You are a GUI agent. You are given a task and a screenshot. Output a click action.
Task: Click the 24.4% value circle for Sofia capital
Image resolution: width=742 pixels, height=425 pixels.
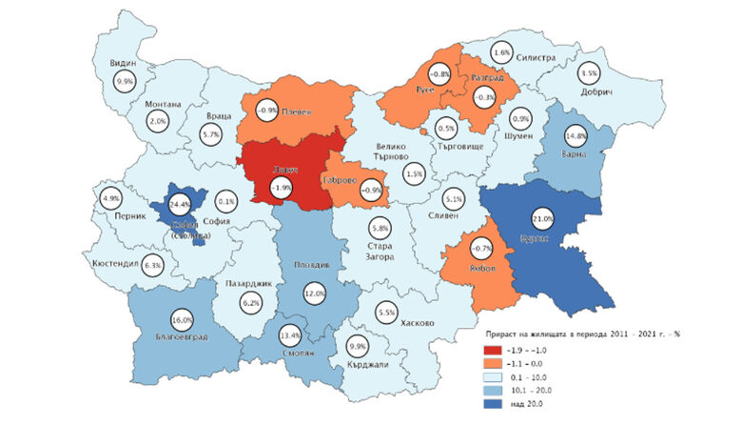click(x=177, y=204)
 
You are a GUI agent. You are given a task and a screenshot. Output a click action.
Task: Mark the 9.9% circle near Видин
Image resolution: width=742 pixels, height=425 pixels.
click(x=125, y=83)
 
